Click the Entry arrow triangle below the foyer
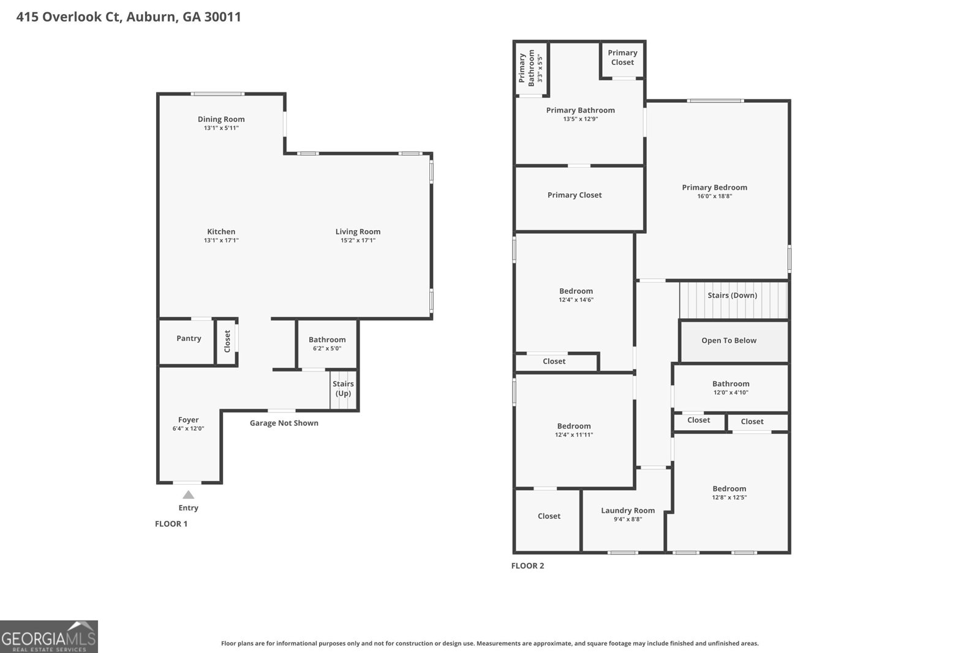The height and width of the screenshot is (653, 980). click(x=188, y=494)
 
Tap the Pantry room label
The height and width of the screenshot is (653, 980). click(x=189, y=338)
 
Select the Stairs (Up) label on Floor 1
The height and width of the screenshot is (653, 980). click(x=343, y=388)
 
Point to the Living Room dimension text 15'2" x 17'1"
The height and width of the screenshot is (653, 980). click(x=358, y=240)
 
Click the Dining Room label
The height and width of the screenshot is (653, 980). click(x=221, y=119)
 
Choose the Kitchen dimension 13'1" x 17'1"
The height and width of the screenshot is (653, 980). click(x=221, y=240)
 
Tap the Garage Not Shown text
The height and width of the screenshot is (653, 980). click(x=284, y=423)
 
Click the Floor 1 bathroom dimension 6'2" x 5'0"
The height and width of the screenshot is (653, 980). click(x=327, y=348)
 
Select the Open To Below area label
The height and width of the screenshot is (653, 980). click(x=729, y=340)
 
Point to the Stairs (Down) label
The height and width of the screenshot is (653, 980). click(x=733, y=295)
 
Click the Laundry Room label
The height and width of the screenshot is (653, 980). click(x=628, y=510)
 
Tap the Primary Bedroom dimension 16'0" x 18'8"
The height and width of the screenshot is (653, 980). click(x=714, y=196)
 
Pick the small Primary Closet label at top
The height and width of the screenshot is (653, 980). click(x=622, y=58)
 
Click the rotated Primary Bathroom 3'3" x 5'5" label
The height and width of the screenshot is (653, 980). click(x=530, y=68)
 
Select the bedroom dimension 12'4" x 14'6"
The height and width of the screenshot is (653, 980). click(x=576, y=299)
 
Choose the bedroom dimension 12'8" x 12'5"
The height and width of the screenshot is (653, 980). click(x=729, y=497)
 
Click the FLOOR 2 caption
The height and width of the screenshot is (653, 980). click(x=527, y=565)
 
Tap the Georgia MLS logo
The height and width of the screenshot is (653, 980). click(x=48, y=637)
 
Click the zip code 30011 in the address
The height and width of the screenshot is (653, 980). click(x=223, y=17)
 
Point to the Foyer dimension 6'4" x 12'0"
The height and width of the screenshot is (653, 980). click(x=188, y=428)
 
